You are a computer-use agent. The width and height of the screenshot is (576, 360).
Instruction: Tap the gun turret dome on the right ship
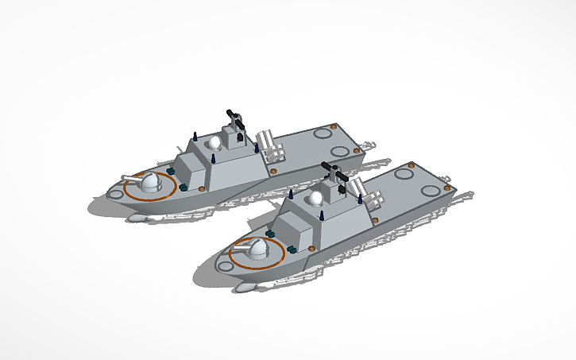pos(257,250)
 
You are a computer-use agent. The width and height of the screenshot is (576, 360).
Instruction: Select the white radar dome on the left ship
pos(214,143)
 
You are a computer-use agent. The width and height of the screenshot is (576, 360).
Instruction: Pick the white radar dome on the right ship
pos(317,198)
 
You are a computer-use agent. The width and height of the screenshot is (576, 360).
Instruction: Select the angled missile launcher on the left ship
pos(270,146)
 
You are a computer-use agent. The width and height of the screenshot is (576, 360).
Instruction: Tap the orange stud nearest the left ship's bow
pos(170,169)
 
